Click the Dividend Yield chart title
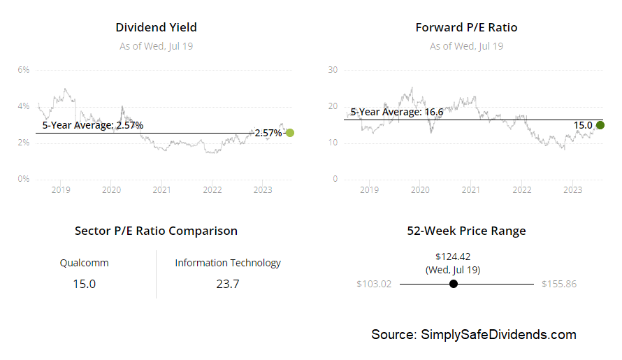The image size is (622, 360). coord(156,27)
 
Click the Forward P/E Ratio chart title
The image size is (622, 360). coord(466,27)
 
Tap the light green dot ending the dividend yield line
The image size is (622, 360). coord(290,133)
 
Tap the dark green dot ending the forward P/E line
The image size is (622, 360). coord(600,125)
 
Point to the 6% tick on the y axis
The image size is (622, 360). coord(23,70)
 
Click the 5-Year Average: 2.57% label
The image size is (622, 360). coord(93,125)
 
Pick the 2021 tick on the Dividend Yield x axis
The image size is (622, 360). coord(161,189)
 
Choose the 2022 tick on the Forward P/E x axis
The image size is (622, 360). coord(521,189)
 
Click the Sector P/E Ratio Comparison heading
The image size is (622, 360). coord(156,231)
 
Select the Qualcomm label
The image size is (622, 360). coord(84,263)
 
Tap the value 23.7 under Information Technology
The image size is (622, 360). coord(227,284)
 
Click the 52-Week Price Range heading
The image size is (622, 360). coord(466,231)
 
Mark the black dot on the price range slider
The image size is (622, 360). coord(454,284)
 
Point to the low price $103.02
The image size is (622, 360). coord(374,284)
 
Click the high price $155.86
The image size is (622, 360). coord(558,284)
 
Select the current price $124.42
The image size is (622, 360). coord(453,257)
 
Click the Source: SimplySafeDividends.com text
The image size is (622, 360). coord(474,334)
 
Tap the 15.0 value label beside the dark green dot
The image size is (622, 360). coord(583,125)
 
